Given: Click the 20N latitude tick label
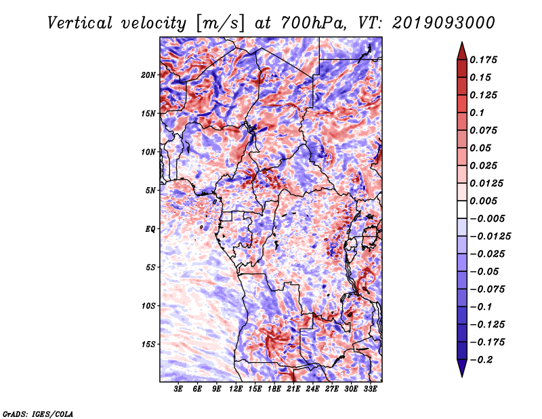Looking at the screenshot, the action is pyautogui.click(x=148, y=75).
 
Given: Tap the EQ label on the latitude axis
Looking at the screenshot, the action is pyautogui.click(x=150, y=229).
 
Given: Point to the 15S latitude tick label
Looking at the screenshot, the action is pyautogui.click(x=148, y=344).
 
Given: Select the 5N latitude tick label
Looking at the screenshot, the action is pyautogui.click(x=150, y=191).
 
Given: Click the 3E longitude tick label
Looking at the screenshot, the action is pyautogui.click(x=178, y=389).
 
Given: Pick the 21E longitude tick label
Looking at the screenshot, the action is pyautogui.click(x=293, y=389).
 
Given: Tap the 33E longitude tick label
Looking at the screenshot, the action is pyautogui.click(x=370, y=389).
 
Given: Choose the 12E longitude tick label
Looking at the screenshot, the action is pyautogui.click(x=236, y=389).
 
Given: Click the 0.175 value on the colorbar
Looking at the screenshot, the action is pyautogui.click(x=483, y=60).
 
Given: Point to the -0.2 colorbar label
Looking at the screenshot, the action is pyautogui.click(x=481, y=360).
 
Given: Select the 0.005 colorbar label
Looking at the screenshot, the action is pyautogui.click(x=483, y=201).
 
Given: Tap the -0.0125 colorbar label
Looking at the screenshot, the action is pyautogui.click(x=490, y=237).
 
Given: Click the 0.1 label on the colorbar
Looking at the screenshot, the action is pyautogui.click(x=477, y=113).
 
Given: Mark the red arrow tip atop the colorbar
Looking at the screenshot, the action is pyautogui.click(x=462, y=43).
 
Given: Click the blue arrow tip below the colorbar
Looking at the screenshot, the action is pyautogui.click(x=462, y=376).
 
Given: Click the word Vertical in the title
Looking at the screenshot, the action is pyautogui.click(x=80, y=23).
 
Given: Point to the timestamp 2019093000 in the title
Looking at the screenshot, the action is pyautogui.click(x=444, y=23).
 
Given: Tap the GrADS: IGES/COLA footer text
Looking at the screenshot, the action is pyautogui.click(x=38, y=414).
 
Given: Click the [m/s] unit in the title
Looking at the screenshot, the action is pyautogui.click(x=220, y=23).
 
